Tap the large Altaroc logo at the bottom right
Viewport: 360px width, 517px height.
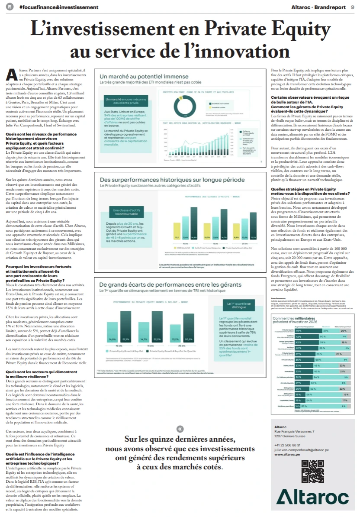[312, 496]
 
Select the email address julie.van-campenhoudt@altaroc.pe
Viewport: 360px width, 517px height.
[301, 450]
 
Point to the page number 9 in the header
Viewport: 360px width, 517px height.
[352, 7]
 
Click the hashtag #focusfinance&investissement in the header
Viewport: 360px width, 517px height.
[58, 7]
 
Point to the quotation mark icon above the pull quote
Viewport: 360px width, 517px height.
[180, 429]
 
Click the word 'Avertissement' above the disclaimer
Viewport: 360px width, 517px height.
[279, 298]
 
